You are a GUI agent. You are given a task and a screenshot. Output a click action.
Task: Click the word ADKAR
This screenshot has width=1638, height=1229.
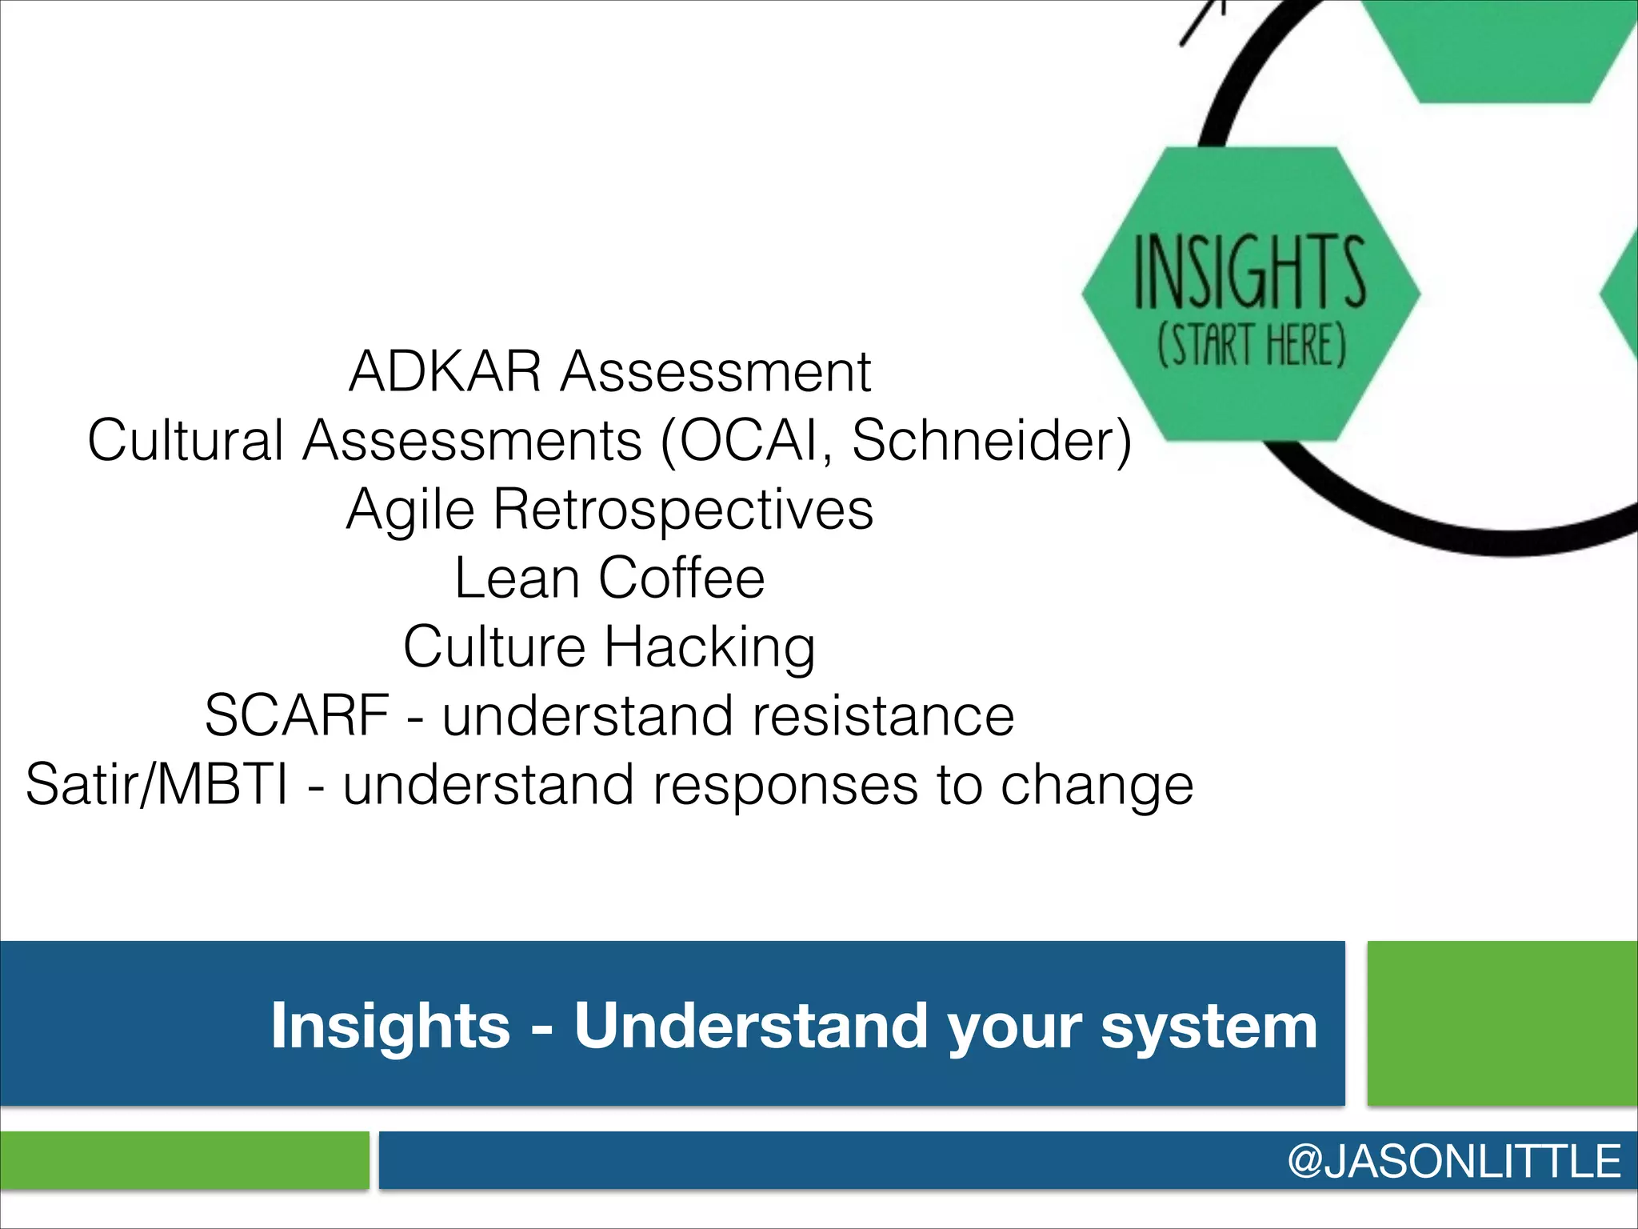click(x=445, y=372)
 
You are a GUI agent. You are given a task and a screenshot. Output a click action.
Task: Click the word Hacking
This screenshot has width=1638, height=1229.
click(x=709, y=648)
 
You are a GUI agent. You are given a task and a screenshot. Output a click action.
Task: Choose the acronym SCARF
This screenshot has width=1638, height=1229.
click(x=297, y=715)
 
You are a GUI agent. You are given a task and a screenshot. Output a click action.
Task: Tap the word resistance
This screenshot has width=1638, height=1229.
click(x=882, y=715)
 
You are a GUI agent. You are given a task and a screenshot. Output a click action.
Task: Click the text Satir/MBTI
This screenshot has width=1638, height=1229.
click(x=157, y=785)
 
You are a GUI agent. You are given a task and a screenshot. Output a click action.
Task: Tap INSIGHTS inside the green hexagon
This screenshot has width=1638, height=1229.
click(x=1249, y=272)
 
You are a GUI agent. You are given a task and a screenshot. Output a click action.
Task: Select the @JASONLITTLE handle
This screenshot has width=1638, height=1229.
click(x=1453, y=1161)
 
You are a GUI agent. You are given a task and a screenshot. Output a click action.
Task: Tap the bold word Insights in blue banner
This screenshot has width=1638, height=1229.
click(x=390, y=1026)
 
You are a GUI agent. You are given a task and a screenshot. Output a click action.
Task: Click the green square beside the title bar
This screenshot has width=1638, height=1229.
click(x=1502, y=1023)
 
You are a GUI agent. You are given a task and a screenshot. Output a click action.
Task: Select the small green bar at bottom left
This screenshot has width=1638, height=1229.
click(x=184, y=1160)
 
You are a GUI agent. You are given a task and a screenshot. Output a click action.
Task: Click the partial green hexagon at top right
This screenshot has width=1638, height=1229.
click(x=1504, y=48)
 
